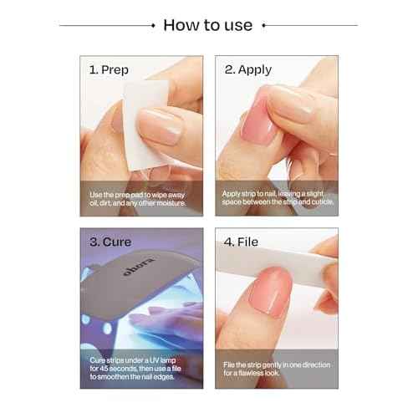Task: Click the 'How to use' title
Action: click(207, 24)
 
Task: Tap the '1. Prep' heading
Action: click(109, 70)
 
